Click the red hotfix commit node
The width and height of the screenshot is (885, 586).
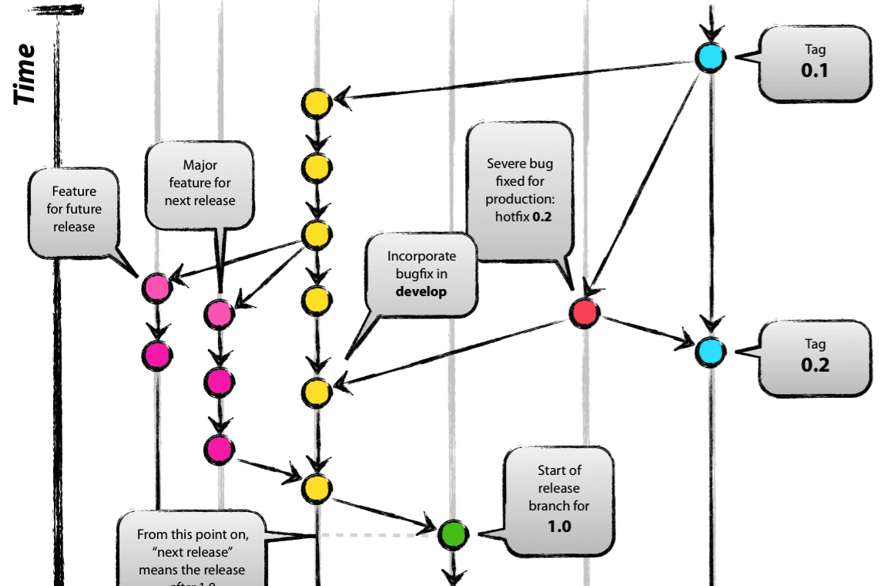[585, 312]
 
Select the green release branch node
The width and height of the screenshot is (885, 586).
[452, 533]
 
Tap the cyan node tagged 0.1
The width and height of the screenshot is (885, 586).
[709, 58]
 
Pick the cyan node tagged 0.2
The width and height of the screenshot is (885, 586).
[709, 352]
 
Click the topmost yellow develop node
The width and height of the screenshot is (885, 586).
[316, 103]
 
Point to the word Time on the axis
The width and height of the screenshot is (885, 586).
[25, 74]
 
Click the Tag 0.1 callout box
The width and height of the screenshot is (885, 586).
[815, 63]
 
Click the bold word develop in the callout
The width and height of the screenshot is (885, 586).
[421, 291]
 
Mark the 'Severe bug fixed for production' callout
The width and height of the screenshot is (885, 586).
[520, 190]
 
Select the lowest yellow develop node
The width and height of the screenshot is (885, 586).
[316, 488]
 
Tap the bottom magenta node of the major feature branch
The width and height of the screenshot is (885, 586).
[220, 450]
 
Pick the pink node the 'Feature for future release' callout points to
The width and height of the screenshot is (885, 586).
[156, 288]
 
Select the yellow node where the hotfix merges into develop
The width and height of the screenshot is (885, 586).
[316, 392]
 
